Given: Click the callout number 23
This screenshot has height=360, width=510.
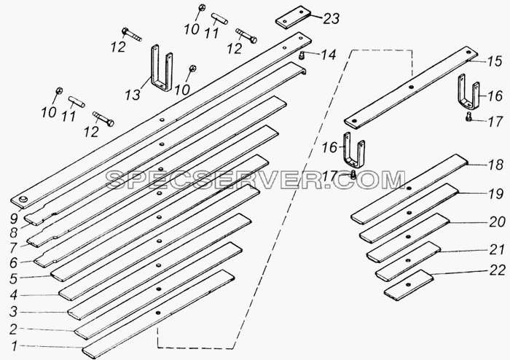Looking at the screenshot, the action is point(331,19).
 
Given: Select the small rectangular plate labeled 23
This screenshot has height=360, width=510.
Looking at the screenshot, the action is point(293,18).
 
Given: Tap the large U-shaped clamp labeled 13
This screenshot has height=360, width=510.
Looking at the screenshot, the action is point(162,68).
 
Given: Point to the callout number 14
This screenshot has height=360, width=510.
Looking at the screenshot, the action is point(328,55).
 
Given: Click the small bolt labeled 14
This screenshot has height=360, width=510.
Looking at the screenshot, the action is point(302,55).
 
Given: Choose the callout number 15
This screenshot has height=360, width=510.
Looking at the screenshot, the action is point(495,61).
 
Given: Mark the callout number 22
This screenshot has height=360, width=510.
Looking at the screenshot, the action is point(498,270).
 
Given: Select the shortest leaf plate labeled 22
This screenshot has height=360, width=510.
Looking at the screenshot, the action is point(409,284).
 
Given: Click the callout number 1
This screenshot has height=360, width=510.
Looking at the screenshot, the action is point(14,347).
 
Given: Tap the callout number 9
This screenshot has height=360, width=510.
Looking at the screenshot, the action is point(14,219).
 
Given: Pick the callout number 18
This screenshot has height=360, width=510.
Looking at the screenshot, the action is point(495,165).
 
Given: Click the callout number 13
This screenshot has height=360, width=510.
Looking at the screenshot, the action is point(133,95).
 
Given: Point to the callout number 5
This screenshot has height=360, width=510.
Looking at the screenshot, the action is point(14,278).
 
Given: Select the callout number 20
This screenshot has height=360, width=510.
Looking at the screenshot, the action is point(498,222).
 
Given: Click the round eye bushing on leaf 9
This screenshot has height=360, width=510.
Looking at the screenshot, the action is point(23,200).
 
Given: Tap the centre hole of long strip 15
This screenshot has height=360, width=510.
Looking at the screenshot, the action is point(411,87).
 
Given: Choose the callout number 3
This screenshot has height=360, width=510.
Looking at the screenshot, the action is point(13,312).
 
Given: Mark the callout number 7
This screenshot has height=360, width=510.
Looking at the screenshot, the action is point(13,248).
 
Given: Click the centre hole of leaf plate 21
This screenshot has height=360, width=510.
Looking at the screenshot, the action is point(407,261).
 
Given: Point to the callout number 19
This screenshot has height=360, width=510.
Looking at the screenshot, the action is point(496,194).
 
